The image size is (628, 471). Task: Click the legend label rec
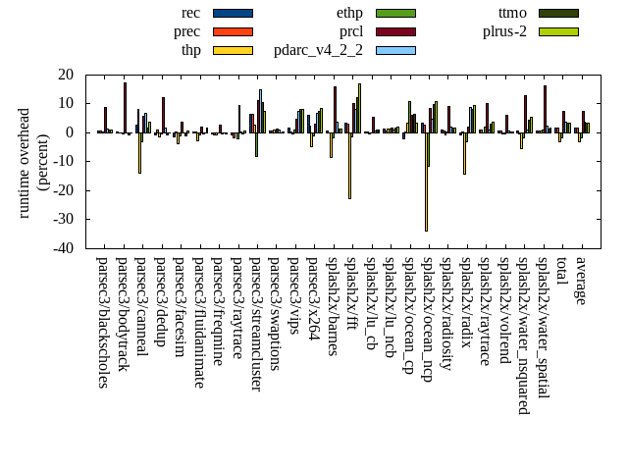(191, 13)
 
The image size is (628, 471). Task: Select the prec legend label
(186, 31)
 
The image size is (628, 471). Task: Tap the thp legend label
(190, 50)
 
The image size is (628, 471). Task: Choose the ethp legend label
(349, 13)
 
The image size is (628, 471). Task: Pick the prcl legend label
(351, 31)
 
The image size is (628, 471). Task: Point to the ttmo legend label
(512, 13)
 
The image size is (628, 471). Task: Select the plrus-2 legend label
(504, 31)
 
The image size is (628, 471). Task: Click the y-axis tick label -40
(66, 248)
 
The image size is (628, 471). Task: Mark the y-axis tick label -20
(66, 190)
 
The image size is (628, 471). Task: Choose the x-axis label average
(582, 281)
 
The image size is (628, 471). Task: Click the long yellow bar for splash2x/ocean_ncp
(426, 182)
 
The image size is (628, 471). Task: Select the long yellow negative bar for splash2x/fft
(349, 166)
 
